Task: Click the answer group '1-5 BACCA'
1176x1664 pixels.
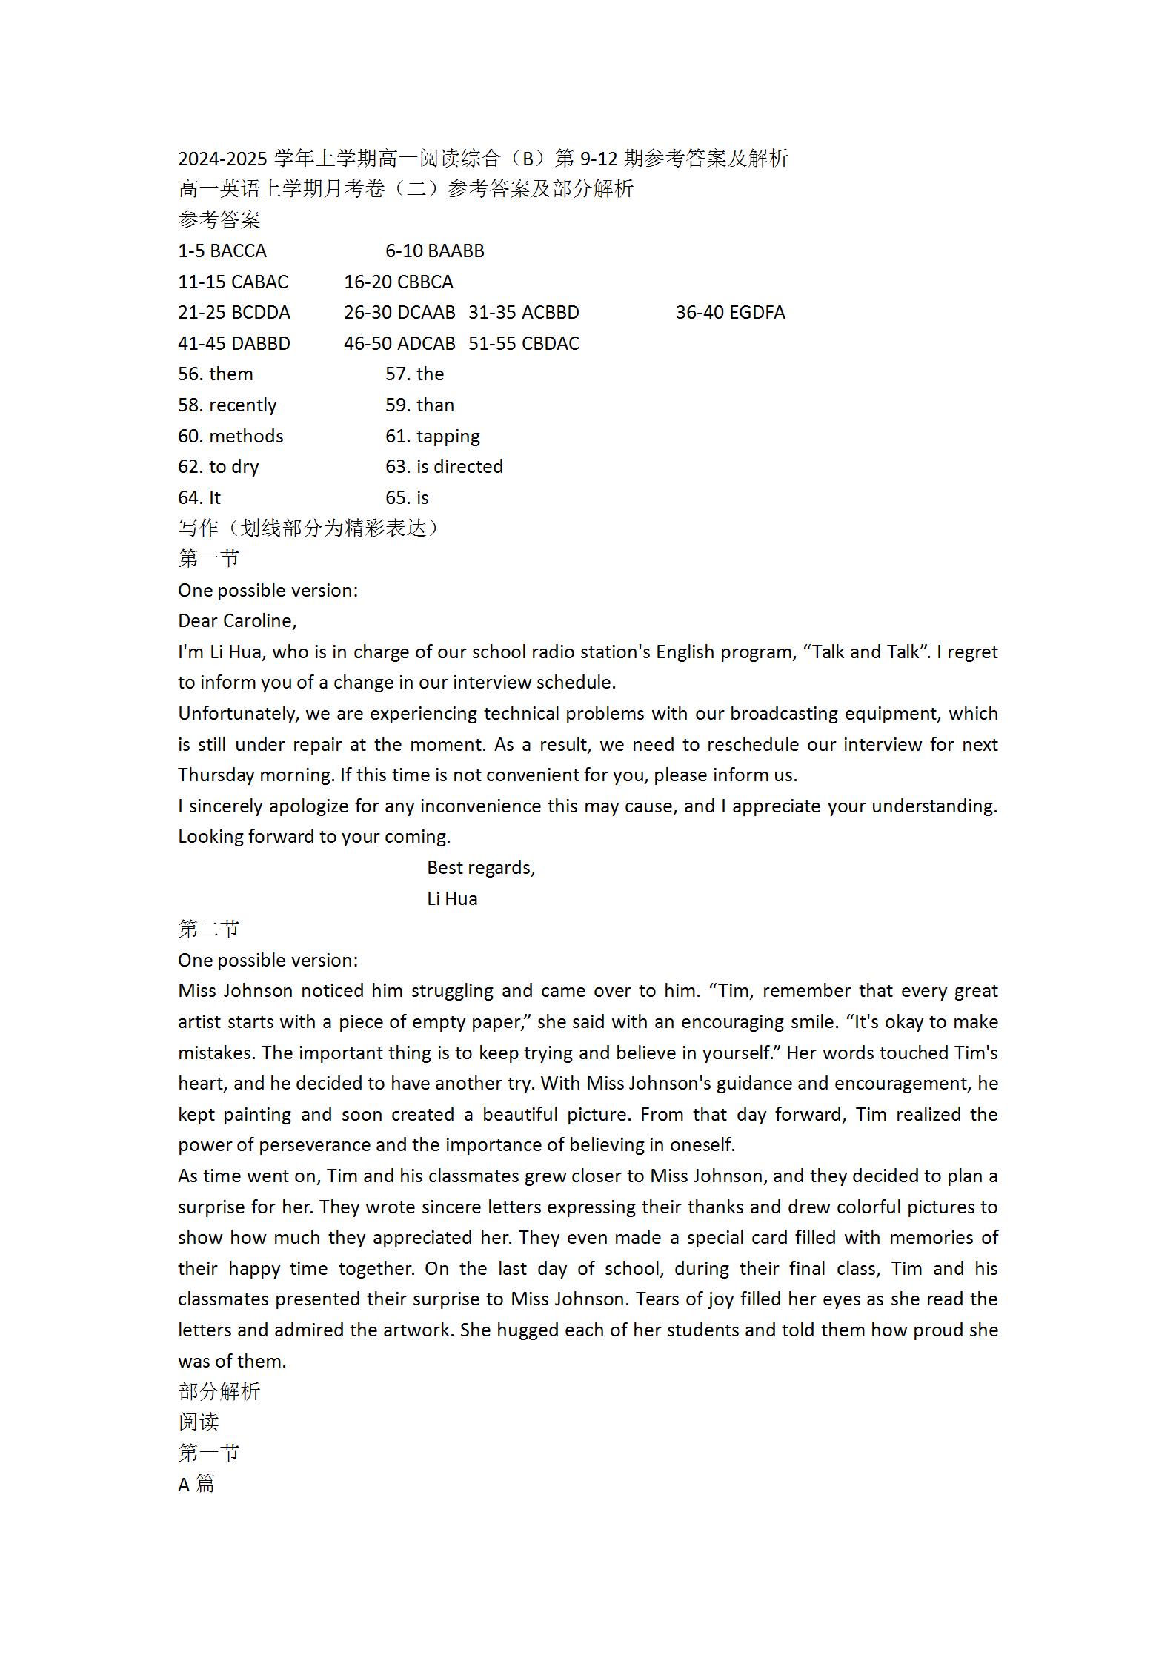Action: (x=222, y=251)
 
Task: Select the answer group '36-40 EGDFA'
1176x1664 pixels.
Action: (x=730, y=313)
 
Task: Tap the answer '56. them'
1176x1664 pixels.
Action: (x=215, y=374)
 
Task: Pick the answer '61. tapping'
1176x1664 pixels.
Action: (x=432, y=437)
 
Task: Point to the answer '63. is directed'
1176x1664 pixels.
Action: (x=444, y=467)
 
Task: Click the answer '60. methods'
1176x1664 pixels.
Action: (x=230, y=437)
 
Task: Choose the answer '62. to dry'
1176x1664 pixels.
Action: (x=218, y=467)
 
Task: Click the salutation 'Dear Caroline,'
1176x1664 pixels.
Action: (x=237, y=621)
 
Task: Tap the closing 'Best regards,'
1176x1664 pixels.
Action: (x=481, y=868)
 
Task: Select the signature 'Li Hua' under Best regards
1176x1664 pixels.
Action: (x=452, y=899)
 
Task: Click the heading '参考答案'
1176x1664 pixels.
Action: (x=219, y=220)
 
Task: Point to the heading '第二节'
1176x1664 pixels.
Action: (x=209, y=929)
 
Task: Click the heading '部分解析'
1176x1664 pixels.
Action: (x=219, y=1392)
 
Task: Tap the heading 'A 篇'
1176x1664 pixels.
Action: (x=196, y=1485)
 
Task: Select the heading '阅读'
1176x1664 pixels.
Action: (x=199, y=1422)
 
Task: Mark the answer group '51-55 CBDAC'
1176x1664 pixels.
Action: (x=524, y=344)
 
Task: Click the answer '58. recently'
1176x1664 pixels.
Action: (x=227, y=405)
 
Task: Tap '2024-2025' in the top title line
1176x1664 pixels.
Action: (x=222, y=159)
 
